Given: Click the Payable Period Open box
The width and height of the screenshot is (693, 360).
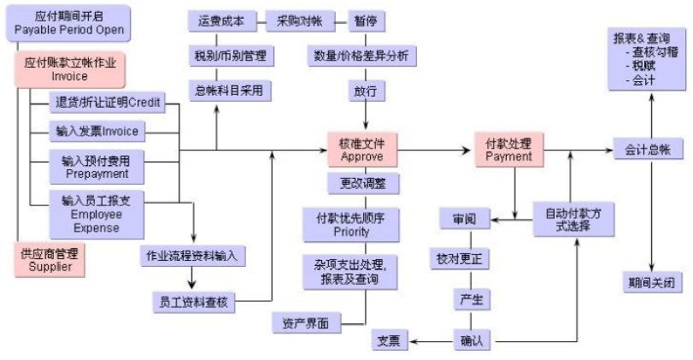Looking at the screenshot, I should (x=69, y=23).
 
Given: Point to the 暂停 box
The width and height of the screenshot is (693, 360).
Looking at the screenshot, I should (x=364, y=21).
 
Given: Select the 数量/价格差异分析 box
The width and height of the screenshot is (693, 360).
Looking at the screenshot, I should (x=362, y=56).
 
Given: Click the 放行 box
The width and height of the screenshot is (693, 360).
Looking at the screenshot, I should (x=364, y=90).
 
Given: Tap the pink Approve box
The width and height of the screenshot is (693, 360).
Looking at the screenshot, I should (x=362, y=150).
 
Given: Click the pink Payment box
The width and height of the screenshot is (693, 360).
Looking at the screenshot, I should (x=508, y=150).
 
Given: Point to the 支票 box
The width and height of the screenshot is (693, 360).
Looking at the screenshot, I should (x=394, y=340).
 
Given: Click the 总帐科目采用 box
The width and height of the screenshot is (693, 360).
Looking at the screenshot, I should (x=228, y=90).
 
